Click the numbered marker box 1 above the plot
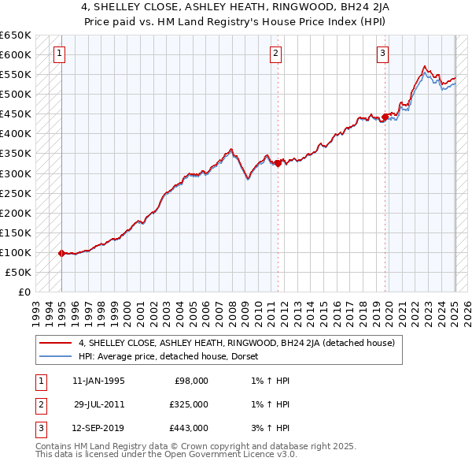[x=60, y=54]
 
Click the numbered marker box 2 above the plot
[x=275, y=54]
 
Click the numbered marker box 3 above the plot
[x=382, y=54]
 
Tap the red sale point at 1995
[x=61, y=253]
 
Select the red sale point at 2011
[x=278, y=163]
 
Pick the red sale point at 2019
[x=385, y=117]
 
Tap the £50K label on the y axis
[x=19, y=272]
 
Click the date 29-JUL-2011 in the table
[x=99, y=404]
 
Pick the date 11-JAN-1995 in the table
[x=98, y=381]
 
